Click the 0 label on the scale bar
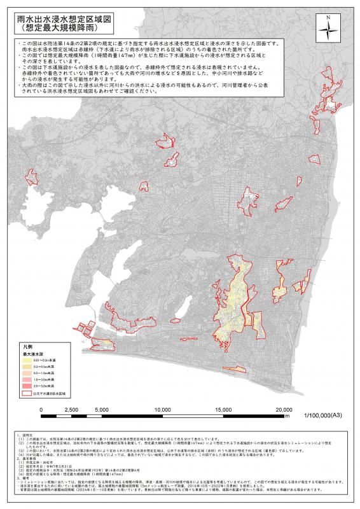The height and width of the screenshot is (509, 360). tap(42, 410)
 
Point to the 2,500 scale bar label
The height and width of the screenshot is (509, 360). tap(71, 410)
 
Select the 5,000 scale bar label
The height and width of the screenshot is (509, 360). tap(102, 410)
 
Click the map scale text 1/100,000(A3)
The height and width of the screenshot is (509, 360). tap(324, 415)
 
